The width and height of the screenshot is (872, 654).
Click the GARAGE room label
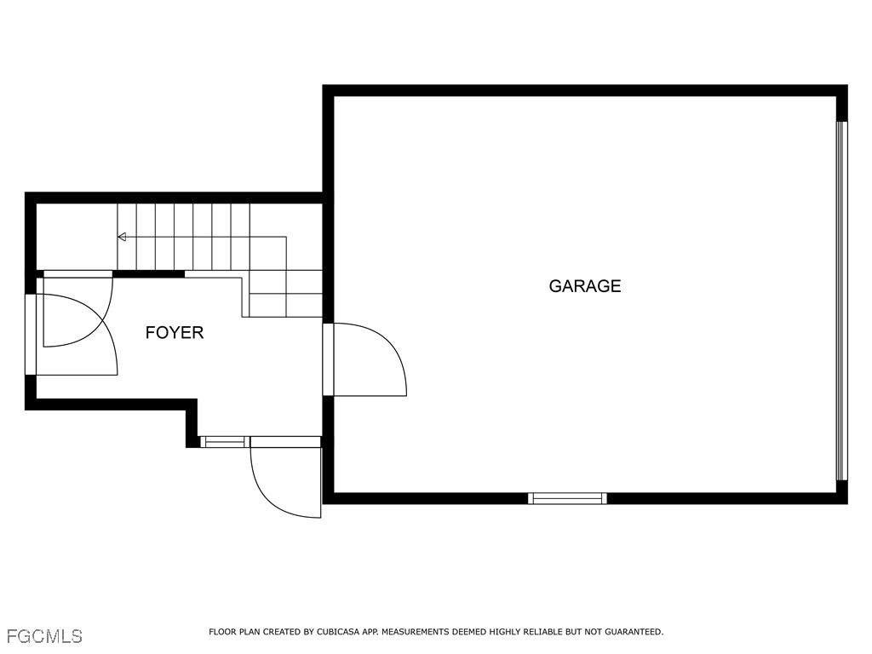point(584,286)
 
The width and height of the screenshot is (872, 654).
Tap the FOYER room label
point(175,333)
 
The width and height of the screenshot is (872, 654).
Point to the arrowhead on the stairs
point(122,237)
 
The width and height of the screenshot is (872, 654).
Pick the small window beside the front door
point(224,442)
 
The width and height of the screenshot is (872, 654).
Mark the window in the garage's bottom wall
point(567,498)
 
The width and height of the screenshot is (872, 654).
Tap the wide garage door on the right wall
point(842,301)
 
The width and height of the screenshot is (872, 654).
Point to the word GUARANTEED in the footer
point(634,632)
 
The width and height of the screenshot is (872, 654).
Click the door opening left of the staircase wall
point(77,273)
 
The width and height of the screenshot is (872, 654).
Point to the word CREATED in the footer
point(282,632)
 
